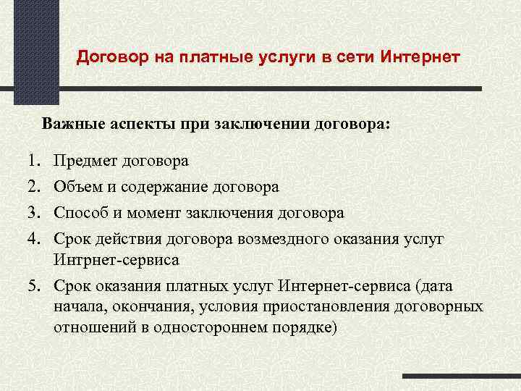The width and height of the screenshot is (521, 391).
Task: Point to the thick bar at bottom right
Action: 461,377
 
